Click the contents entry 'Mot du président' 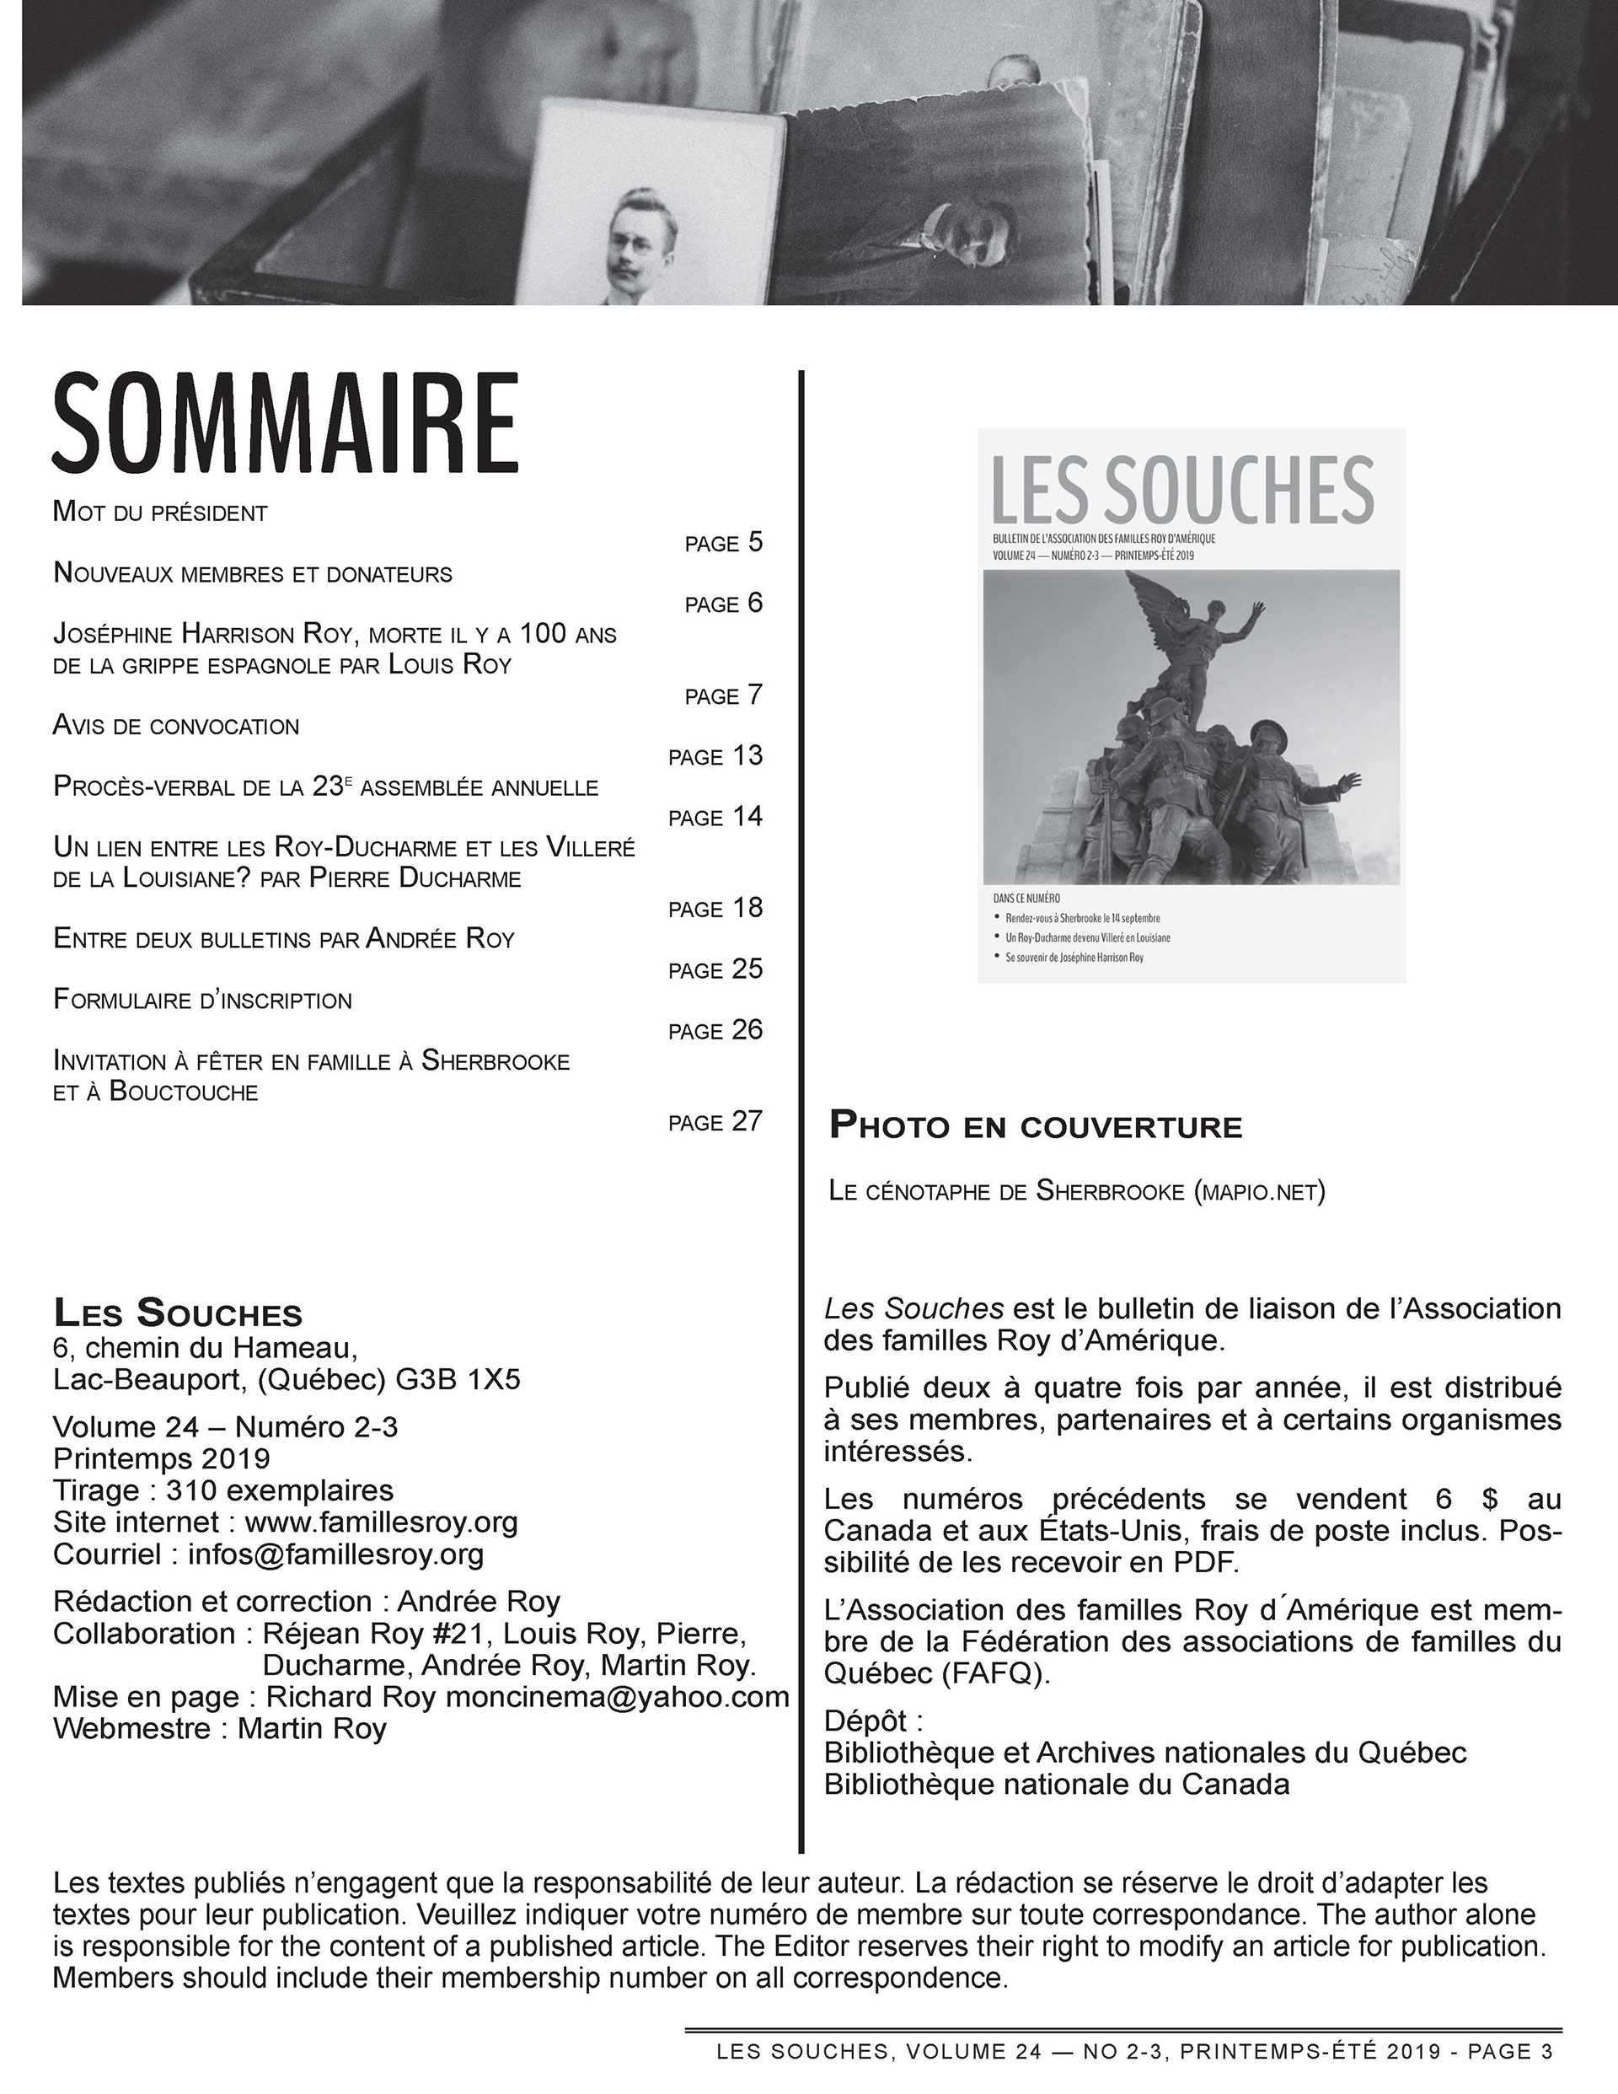[x=160, y=512]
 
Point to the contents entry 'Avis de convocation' [x=176, y=726]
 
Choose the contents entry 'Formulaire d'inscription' [x=202, y=1000]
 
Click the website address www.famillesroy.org [x=382, y=1522]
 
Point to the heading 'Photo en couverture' [x=1035, y=1125]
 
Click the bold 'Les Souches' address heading [x=177, y=1313]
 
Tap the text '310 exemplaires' [x=279, y=1490]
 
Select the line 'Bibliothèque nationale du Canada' [x=1056, y=1785]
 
